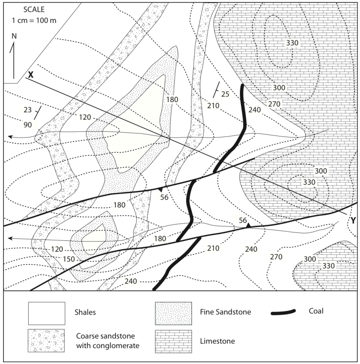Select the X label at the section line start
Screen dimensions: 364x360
click(30, 75)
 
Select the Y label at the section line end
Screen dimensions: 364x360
click(353, 220)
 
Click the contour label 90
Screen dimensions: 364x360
click(28, 125)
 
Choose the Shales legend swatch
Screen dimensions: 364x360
click(47, 311)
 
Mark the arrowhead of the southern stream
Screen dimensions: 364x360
click(11, 239)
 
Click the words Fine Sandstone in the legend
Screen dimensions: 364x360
click(229, 312)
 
